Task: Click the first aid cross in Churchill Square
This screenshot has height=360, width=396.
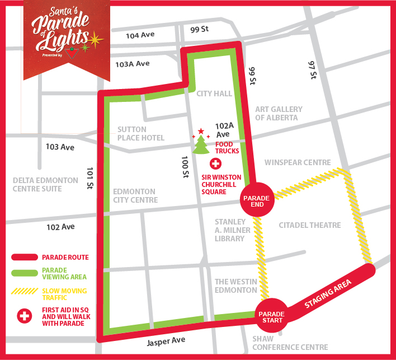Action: click(215, 164)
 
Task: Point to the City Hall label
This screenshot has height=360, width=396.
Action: click(214, 94)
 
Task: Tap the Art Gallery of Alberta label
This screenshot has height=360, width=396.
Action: click(279, 114)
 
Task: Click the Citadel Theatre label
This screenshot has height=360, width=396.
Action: click(309, 225)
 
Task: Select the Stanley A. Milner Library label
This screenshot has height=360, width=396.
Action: click(230, 230)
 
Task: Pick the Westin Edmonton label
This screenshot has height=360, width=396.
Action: click(235, 286)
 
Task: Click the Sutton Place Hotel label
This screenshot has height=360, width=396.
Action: click(141, 134)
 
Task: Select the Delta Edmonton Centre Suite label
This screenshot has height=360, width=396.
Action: click(45, 184)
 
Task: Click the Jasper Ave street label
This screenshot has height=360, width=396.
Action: click(166, 340)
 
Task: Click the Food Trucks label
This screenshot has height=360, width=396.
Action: click(227, 147)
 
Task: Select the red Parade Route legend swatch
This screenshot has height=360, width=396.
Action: click(24, 258)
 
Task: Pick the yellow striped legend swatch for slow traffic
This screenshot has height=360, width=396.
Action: click(24, 292)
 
